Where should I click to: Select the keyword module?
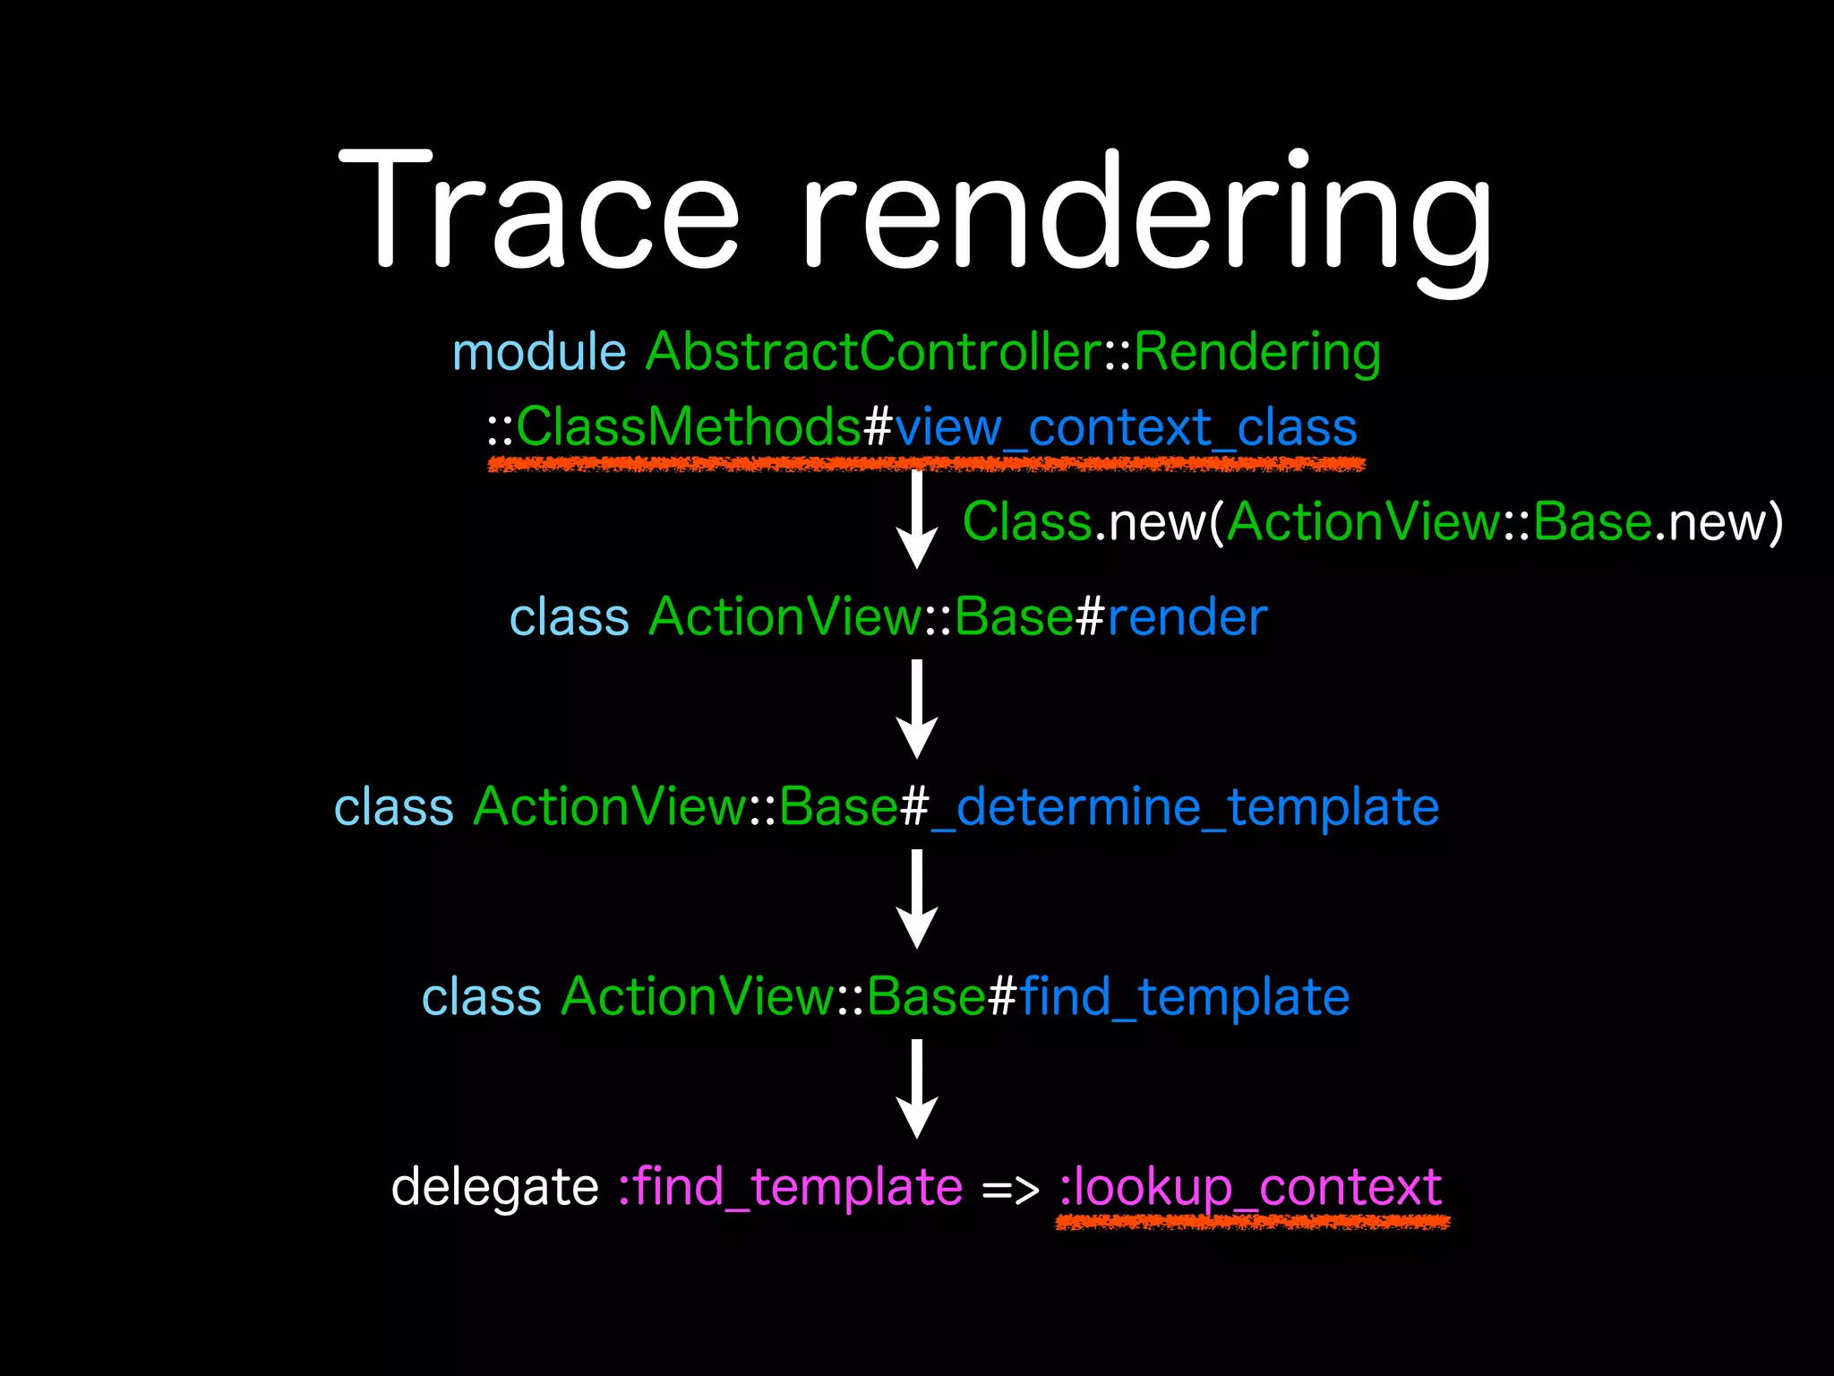coord(539,351)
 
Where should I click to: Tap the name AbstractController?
coord(873,351)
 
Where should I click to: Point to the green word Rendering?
coord(1257,351)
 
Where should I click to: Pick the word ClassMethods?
coord(689,426)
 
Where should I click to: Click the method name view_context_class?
coord(1126,428)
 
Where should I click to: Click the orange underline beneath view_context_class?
coord(926,464)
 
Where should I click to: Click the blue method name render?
coord(1187,617)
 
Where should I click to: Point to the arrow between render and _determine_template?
coord(917,709)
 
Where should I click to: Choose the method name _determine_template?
coord(1185,807)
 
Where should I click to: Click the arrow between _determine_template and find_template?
coord(917,899)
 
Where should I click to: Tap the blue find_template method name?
coord(1184,997)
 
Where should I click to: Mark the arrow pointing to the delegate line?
coord(917,1089)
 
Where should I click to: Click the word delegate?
coord(494,1188)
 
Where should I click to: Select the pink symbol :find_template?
coord(791,1188)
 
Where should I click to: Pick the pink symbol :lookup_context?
coord(1250,1188)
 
